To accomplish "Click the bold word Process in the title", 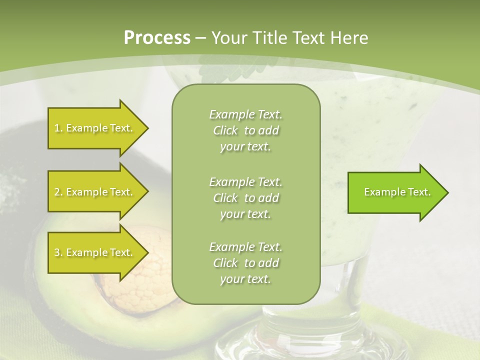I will pyautogui.click(x=157, y=38).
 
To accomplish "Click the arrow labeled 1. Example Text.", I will pyautogui.click(x=95, y=128).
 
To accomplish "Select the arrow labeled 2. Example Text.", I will pyautogui.click(x=95, y=192).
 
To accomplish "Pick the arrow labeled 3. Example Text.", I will pyautogui.click(x=95, y=252).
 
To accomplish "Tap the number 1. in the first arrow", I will pyautogui.click(x=58, y=128).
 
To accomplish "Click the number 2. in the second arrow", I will pyautogui.click(x=58, y=192).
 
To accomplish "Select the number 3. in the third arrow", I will pyautogui.click(x=58, y=252).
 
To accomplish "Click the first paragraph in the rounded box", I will pyautogui.click(x=245, y=130).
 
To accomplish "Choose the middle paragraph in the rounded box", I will pyautogui.click(x=245, y=198).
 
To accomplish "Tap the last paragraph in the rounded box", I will pyautogui.click(x=245, y=263).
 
